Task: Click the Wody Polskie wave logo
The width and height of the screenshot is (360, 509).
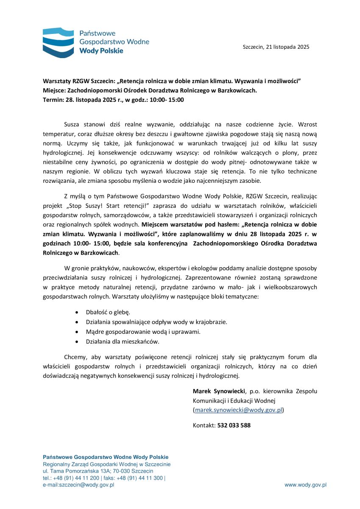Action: pos(58,42)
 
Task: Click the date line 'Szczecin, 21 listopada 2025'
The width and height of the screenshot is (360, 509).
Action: pos(276,47)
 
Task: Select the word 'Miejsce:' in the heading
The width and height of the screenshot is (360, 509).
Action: pos(55,90)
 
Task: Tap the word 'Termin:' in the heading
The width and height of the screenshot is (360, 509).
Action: pos(53,100)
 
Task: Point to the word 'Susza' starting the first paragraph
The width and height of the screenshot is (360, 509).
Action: pos(72,125)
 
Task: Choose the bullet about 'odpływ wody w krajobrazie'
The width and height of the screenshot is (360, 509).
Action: pos(156,322)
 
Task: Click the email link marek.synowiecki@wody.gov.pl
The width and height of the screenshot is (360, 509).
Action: pos(239,410)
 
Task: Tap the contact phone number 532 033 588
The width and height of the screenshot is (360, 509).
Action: pos(234,425)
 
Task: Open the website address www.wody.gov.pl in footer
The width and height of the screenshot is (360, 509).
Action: pos(305,485)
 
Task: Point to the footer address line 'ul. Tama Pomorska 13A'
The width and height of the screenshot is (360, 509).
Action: pos(98,471)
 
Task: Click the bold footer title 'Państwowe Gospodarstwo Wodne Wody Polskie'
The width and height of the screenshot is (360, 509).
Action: pos(106,457)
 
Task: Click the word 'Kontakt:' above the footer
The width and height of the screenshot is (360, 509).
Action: pos(204,425)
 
